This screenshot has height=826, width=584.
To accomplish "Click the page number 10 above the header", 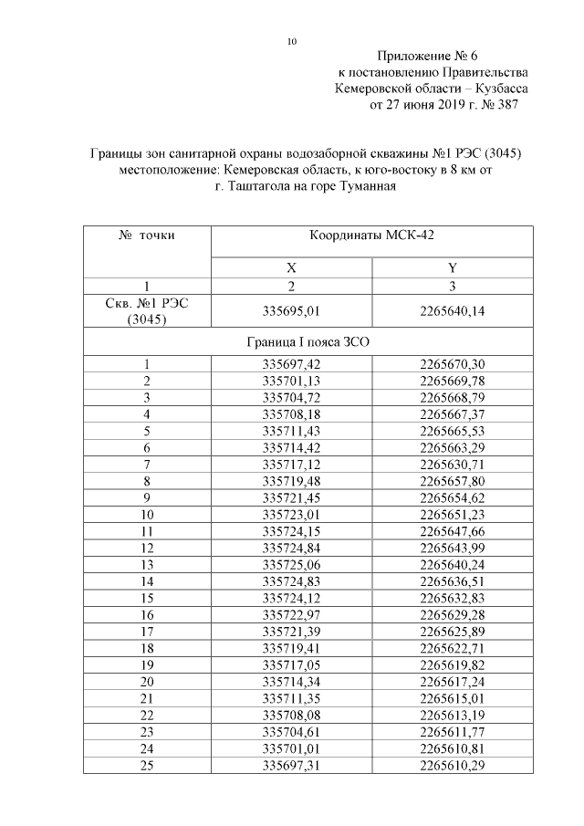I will [x=292, y=42].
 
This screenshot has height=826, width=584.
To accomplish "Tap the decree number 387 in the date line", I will [x=506, y=105].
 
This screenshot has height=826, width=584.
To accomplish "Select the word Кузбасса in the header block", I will [x=501, y=89].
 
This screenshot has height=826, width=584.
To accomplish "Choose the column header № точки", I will [x=147, y=235].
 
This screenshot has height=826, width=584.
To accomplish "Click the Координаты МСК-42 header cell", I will [x=372, y=235].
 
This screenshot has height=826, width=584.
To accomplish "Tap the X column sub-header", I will [x=291, y=268].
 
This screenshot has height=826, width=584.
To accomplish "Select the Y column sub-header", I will [x=452, y=268].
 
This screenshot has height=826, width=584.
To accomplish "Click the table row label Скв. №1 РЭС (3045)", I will [x=147, y=311].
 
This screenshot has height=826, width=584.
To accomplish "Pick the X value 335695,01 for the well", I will [x=291, y=311].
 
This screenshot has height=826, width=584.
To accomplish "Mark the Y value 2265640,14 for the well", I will [x=452, y=311].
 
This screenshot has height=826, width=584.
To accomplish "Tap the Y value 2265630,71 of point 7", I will [x=452, y=465].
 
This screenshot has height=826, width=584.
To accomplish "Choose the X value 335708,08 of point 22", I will [x=291, y=714].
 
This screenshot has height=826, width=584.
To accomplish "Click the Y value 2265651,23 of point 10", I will [x=452, y=515].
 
